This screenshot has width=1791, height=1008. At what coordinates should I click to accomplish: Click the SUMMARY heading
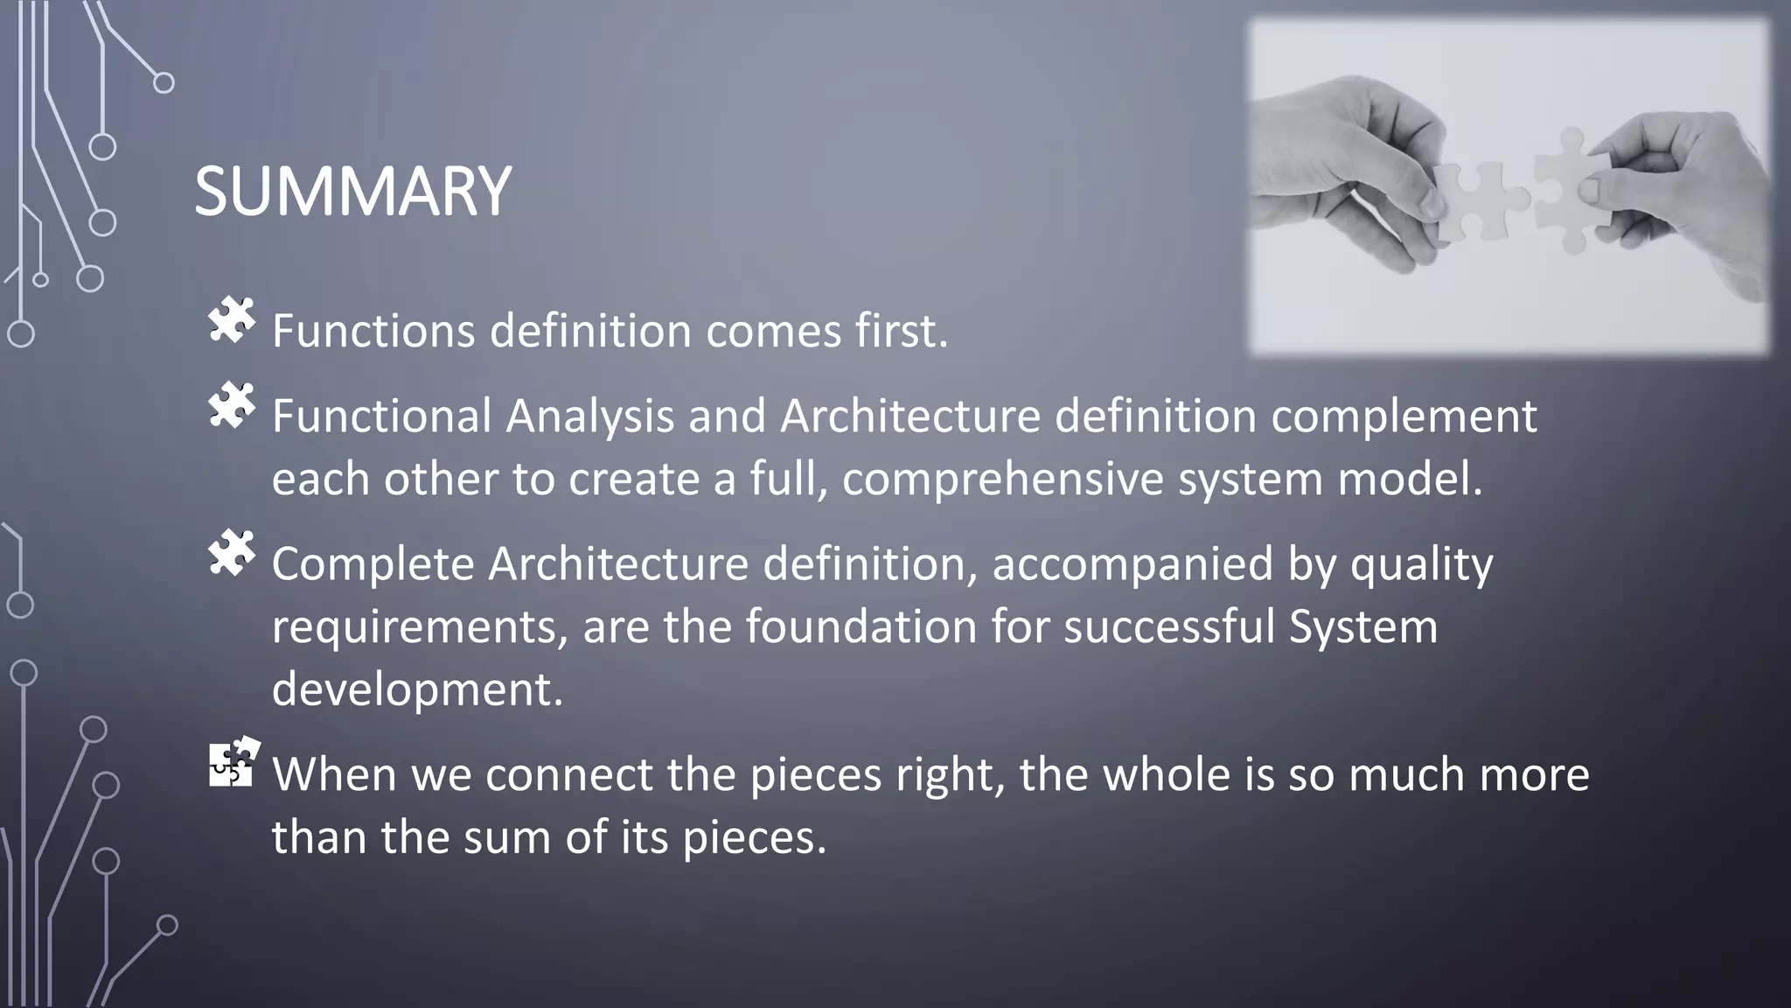point(352,192)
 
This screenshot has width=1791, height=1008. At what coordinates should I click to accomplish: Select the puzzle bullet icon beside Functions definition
point(232,321)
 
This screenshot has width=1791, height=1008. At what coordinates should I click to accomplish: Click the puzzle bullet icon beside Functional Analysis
point(232,405)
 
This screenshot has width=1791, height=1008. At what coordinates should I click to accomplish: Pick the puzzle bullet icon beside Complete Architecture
point(232,553)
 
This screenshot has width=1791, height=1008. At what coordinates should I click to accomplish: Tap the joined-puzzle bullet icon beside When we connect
point(233,762)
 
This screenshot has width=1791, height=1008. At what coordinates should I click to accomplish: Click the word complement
point(1403,416)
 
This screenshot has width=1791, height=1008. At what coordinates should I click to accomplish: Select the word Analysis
point(589,416)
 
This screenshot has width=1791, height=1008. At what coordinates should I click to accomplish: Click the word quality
point(1421,564)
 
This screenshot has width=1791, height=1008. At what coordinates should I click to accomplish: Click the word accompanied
point(1132,564)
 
